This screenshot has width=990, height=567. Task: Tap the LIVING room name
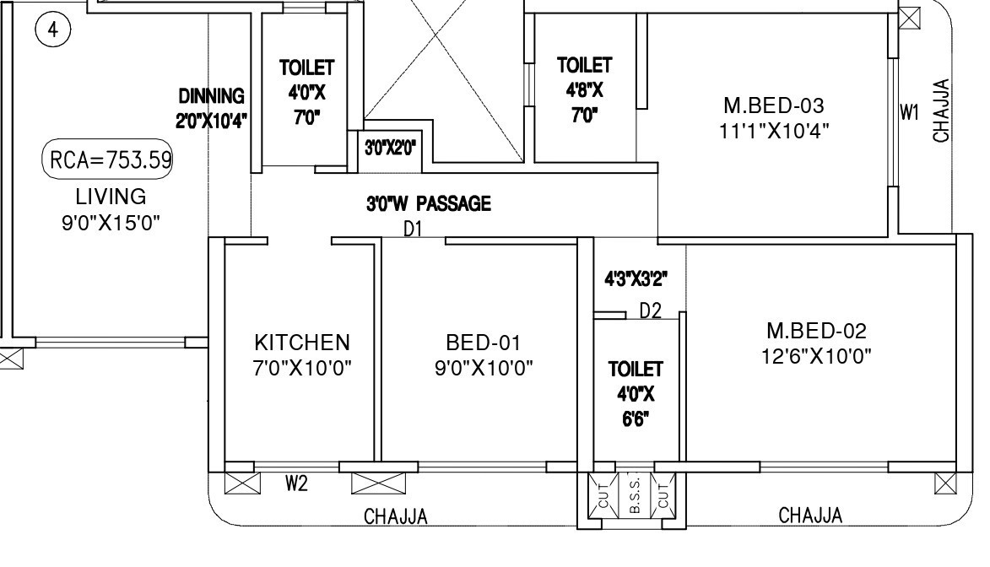[x=111, y=197]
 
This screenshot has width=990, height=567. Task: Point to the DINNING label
[x=211, y=96]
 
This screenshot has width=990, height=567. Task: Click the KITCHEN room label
[x=302, y=343]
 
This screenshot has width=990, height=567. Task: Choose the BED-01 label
[x=484, y=343]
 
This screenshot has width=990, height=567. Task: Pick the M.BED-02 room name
[x=816, y=331]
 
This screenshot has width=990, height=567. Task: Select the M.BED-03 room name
[x=774, y=105]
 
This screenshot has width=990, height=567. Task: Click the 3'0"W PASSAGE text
[x=428, y=203]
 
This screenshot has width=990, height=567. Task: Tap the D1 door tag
[x=413, y=228]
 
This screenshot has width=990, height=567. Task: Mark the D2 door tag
[x=650, y=311]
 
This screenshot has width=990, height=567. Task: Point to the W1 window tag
[x=909, y=113]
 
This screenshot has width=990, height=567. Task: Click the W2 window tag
[x=295, y=483]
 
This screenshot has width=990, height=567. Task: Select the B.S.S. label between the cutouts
[x=635, y=495]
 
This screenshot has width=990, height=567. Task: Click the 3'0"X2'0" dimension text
[x=390, y=148]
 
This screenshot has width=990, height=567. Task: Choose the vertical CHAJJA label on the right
[x=942, y=111]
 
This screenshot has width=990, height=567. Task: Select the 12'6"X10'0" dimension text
[x=816, y=355]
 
